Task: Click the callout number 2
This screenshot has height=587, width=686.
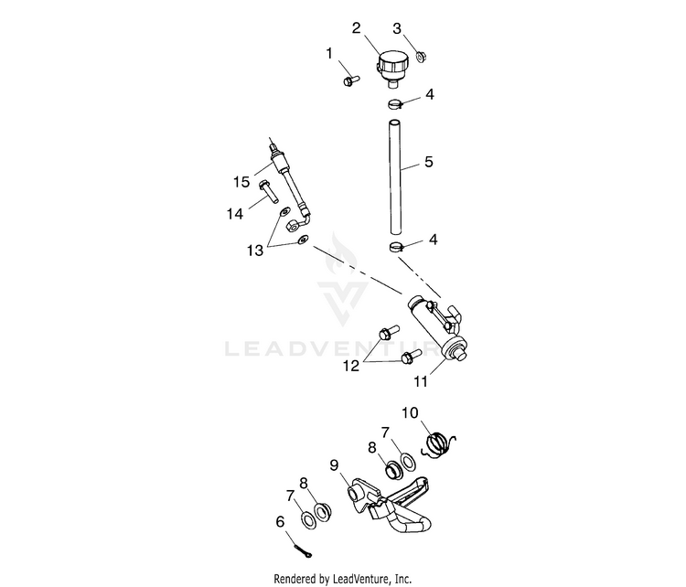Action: (x=357, y=28)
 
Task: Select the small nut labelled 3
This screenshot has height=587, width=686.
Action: (x=421, y=57)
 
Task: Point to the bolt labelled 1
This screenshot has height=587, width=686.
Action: (x=351, y=80)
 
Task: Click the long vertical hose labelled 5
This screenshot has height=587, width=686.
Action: (x=395, y=177)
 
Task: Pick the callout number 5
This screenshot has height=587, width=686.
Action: (x=429, y=162)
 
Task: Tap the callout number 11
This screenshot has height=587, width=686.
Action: (x=421, y=381)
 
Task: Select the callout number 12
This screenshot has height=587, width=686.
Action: (x=351, y=366)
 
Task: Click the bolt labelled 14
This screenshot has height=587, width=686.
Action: (x=268, y=191)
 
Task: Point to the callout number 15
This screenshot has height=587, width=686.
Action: (x=241, y=182)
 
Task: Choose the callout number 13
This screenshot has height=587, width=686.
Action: (x=255, y=251)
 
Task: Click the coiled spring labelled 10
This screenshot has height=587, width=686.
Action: (x=438, y=444)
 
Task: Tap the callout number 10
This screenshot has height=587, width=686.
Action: (x=410, y=412)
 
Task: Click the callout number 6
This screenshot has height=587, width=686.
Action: (x=280, y=522)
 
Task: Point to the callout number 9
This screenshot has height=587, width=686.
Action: (x=334, y=465)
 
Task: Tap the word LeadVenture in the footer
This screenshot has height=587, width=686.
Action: (x=359, y=579)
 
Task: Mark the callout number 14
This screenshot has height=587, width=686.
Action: (x=234, y=214)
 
